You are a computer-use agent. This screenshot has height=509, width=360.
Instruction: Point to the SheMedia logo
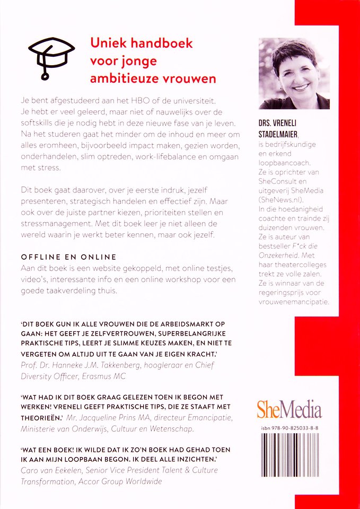289,410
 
